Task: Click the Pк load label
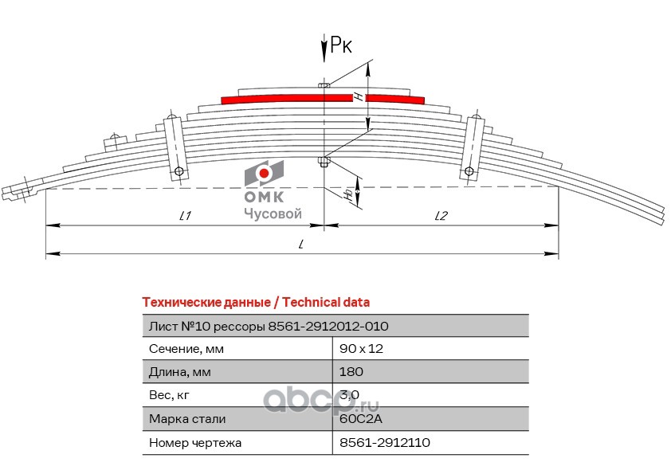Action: pos(341,47)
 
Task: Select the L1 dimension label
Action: pos(185,215)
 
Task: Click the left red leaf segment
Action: pos(287,98)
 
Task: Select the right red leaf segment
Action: pos(395,98)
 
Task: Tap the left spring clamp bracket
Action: pos(175,147)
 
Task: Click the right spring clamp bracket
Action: pos(473,147)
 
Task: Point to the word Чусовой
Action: pos(272,213)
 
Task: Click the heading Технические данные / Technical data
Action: pos(255,303)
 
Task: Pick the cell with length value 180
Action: pos(351,372)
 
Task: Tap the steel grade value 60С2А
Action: pos(360,418)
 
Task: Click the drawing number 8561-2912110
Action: pos(385,442)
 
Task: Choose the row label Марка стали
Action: pos(187,418)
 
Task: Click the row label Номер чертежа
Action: pos(194,442)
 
